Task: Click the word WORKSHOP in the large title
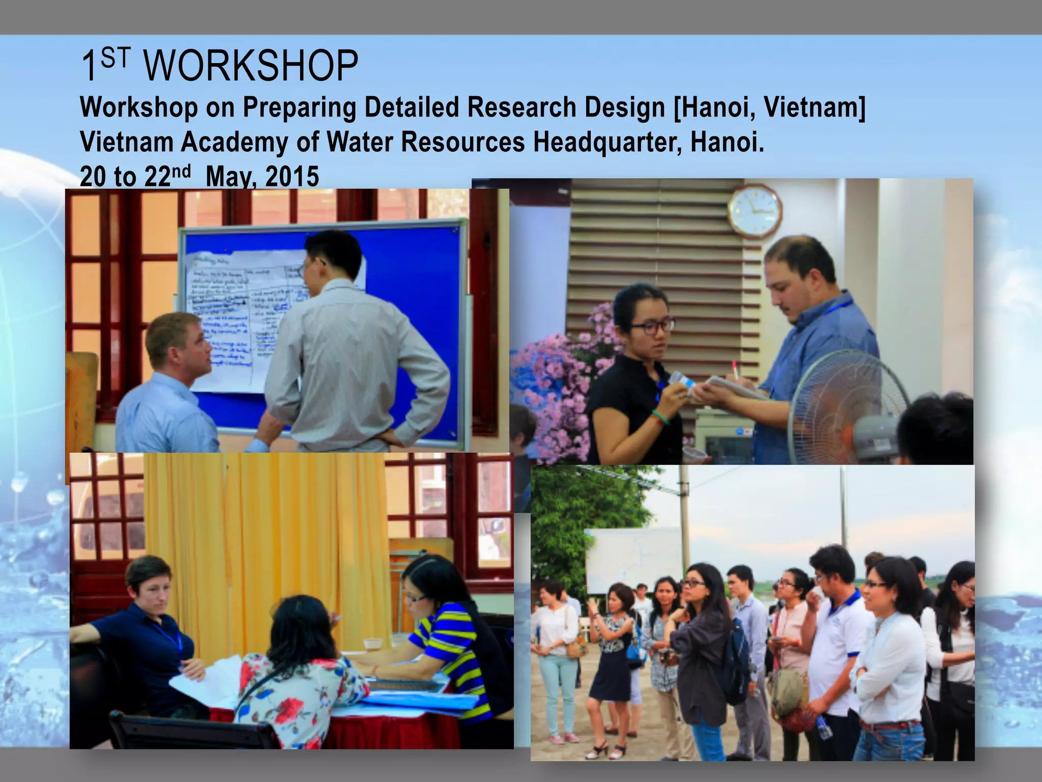click(251, 66)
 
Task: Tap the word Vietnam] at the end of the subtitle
click(815, 108)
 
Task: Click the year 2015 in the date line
click(292, 177)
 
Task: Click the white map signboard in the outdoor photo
click(633, 560)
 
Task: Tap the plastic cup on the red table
click(373, 644)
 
